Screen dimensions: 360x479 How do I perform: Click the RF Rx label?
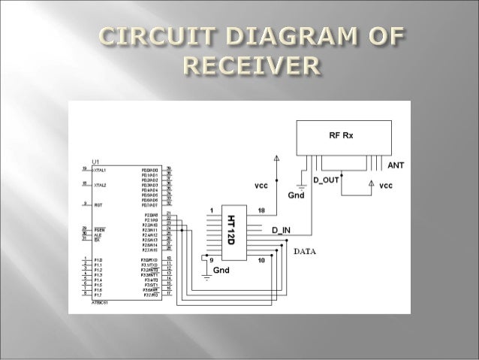click(x=342, y=136)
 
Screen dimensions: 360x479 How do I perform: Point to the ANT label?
click(x=396, y=164)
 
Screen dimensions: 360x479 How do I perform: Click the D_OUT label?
click(x=327, y=180)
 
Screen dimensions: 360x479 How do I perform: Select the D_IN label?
click(x=282, y=228)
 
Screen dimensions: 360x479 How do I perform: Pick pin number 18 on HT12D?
click(x=261, y=210)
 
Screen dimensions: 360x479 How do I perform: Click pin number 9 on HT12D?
click(x=211, y=260)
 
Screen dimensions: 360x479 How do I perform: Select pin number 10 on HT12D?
click(x=261, y=260)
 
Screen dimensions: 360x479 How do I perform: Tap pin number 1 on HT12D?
click(x=212, y=210)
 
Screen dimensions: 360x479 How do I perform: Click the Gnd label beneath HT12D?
click(x=222, y=270)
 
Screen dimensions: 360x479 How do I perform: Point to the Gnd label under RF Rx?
click(x=296, y=195)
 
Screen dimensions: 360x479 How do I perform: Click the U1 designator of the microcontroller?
click(x=95, y=162)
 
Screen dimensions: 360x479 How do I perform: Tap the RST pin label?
click(x=98, y=204)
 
